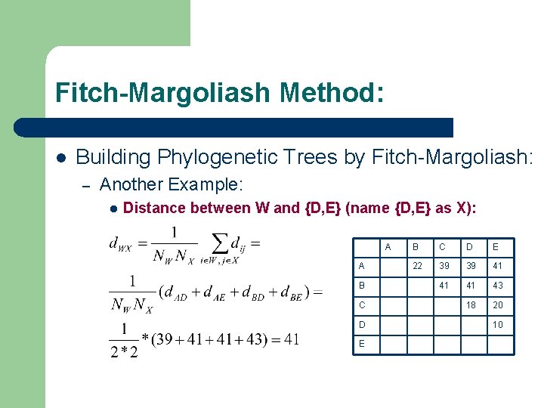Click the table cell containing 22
[416, 266]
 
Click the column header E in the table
[496, 246]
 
